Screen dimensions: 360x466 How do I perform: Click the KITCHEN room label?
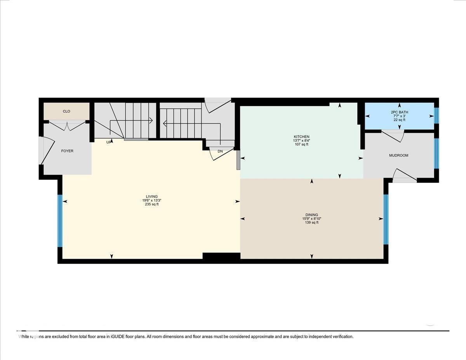[x=301, y=137]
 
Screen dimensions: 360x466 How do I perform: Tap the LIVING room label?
[x=152, y=197]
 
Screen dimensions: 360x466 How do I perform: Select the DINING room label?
[x=311, y=215]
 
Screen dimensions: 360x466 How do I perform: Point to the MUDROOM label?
[x=399, y=155]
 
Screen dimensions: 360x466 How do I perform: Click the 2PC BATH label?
[x=400, y=112]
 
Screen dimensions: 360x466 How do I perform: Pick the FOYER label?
[x=67, y=151]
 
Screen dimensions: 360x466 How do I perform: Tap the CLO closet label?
[x=66, y=111]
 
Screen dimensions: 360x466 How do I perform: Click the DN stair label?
[x=220, y=151]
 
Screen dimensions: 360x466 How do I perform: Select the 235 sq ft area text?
[x=152, y=204]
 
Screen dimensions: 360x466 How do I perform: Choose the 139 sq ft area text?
[x=311, y=223]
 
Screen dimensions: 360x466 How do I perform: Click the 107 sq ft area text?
[x=301, y=144]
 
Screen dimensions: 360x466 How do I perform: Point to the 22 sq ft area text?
[x=400, y=120]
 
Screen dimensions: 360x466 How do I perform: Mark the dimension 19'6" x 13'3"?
[x=152, y=200]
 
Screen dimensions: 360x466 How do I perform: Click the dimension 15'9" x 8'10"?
[x=311, y=219]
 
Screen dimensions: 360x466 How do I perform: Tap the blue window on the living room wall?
[x=60, y=221]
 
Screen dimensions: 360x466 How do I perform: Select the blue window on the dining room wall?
[x=386, y=219]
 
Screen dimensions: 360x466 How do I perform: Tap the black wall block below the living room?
[x=221, y=256]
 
